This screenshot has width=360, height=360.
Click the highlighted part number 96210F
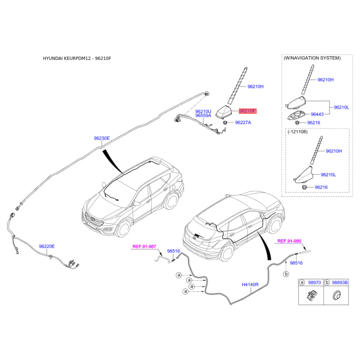click(x=247, y=111)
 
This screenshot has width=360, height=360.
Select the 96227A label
click(x=243, y=122)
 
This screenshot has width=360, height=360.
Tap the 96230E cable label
click(x=102, y=138)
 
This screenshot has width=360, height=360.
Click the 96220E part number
click(x=47, y=246)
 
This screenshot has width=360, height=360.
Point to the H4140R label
click(x=250, y=285)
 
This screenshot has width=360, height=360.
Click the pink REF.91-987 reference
click(x=144, y=247)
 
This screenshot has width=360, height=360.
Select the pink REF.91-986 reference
click(x=289, y=241)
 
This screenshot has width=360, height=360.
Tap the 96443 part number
click(x=317, y=114)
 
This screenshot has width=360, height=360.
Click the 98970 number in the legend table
click(x=314, y=283)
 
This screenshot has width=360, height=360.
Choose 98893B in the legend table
click(x=340, y=283)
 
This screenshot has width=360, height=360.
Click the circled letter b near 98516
click(x=286, y=274)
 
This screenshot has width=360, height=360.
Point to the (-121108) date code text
click(x=297, y=132)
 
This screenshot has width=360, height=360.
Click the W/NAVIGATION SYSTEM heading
click(x=312, y=58)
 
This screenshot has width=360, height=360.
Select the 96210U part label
click(x=203, y=112)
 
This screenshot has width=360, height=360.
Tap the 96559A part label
click(x=203, y=116)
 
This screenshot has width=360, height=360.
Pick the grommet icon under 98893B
click(x=336, y=295)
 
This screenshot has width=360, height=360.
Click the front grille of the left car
click(x=94, y=220)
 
